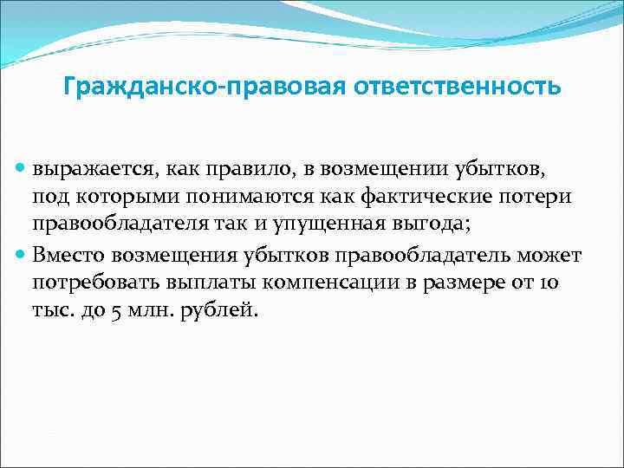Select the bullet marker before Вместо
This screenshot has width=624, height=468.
coord(22,257)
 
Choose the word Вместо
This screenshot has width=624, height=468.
coord(70,257)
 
